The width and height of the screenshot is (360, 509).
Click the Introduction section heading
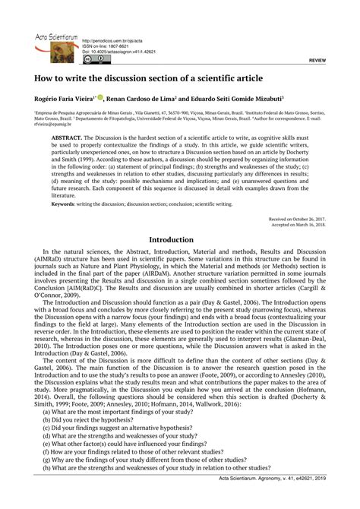tap(180, 239)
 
